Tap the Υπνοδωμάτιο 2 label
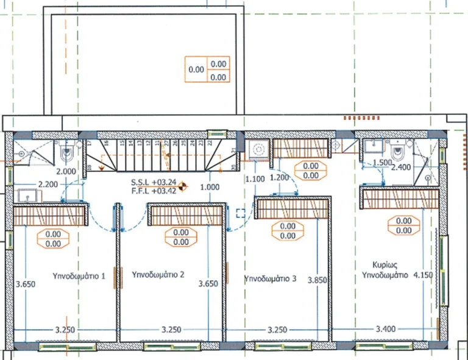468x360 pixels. pyautogui.click(x=158, y=274)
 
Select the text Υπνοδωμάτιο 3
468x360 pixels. pyautogui.click(x=270, y=279)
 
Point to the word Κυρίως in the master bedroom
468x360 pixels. pyautogui.click(x=385, y=265)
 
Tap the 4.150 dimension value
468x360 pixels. pyautogui.click(x=425, y=275)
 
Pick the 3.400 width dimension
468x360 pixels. pyautogui.click(x=385, y=330)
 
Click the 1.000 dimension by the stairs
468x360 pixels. pyautogui.click(x=209, y=187)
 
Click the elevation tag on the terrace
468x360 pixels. pyautogui.click(x=207, y=69)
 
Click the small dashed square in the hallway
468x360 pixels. pyautogui.click(x=240, y=212)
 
